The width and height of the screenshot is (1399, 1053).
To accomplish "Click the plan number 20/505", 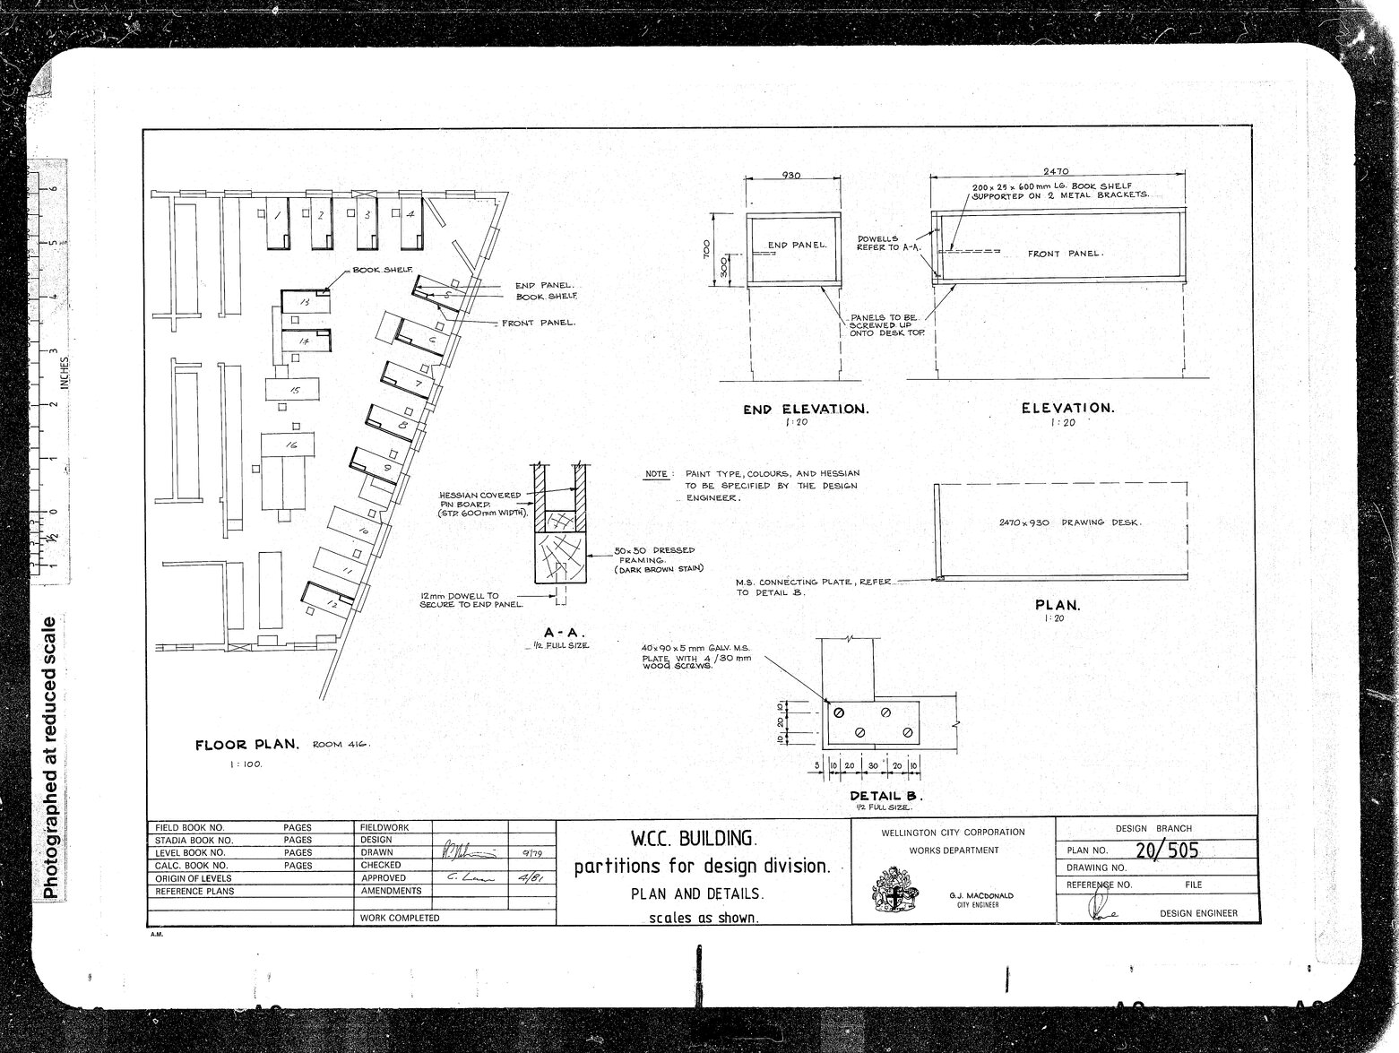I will coord(1166,850).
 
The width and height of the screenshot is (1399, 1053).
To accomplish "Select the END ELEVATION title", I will coord(806,410).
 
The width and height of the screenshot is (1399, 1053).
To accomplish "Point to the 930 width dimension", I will coord(791,176).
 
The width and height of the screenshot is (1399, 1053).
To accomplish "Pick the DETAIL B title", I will coord(885,796).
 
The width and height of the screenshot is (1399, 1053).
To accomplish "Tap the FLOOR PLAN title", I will coord(246,745).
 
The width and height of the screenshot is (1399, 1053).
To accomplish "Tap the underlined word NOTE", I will coord(656,474).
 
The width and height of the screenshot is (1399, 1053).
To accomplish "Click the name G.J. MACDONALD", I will coord(980,895).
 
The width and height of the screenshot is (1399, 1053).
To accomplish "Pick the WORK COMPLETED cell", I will coord(400,918).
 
